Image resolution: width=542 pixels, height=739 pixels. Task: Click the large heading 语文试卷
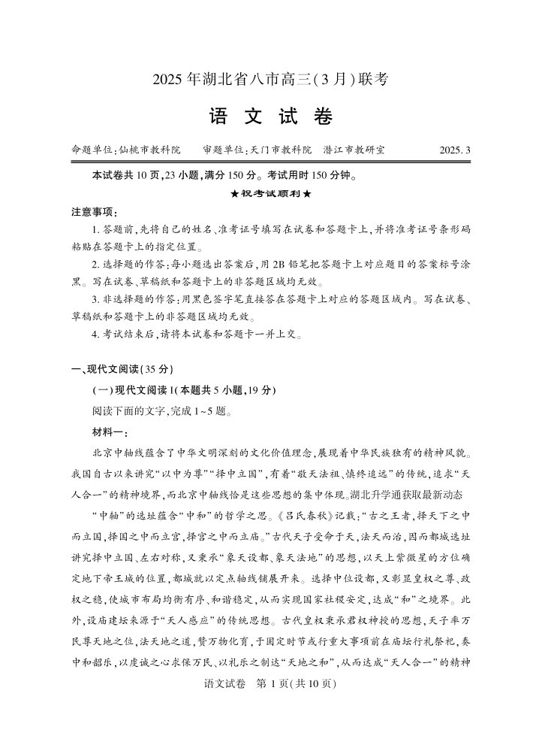270,117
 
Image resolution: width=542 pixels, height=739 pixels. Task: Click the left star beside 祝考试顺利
234,194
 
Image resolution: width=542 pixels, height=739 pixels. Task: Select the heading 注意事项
94,211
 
